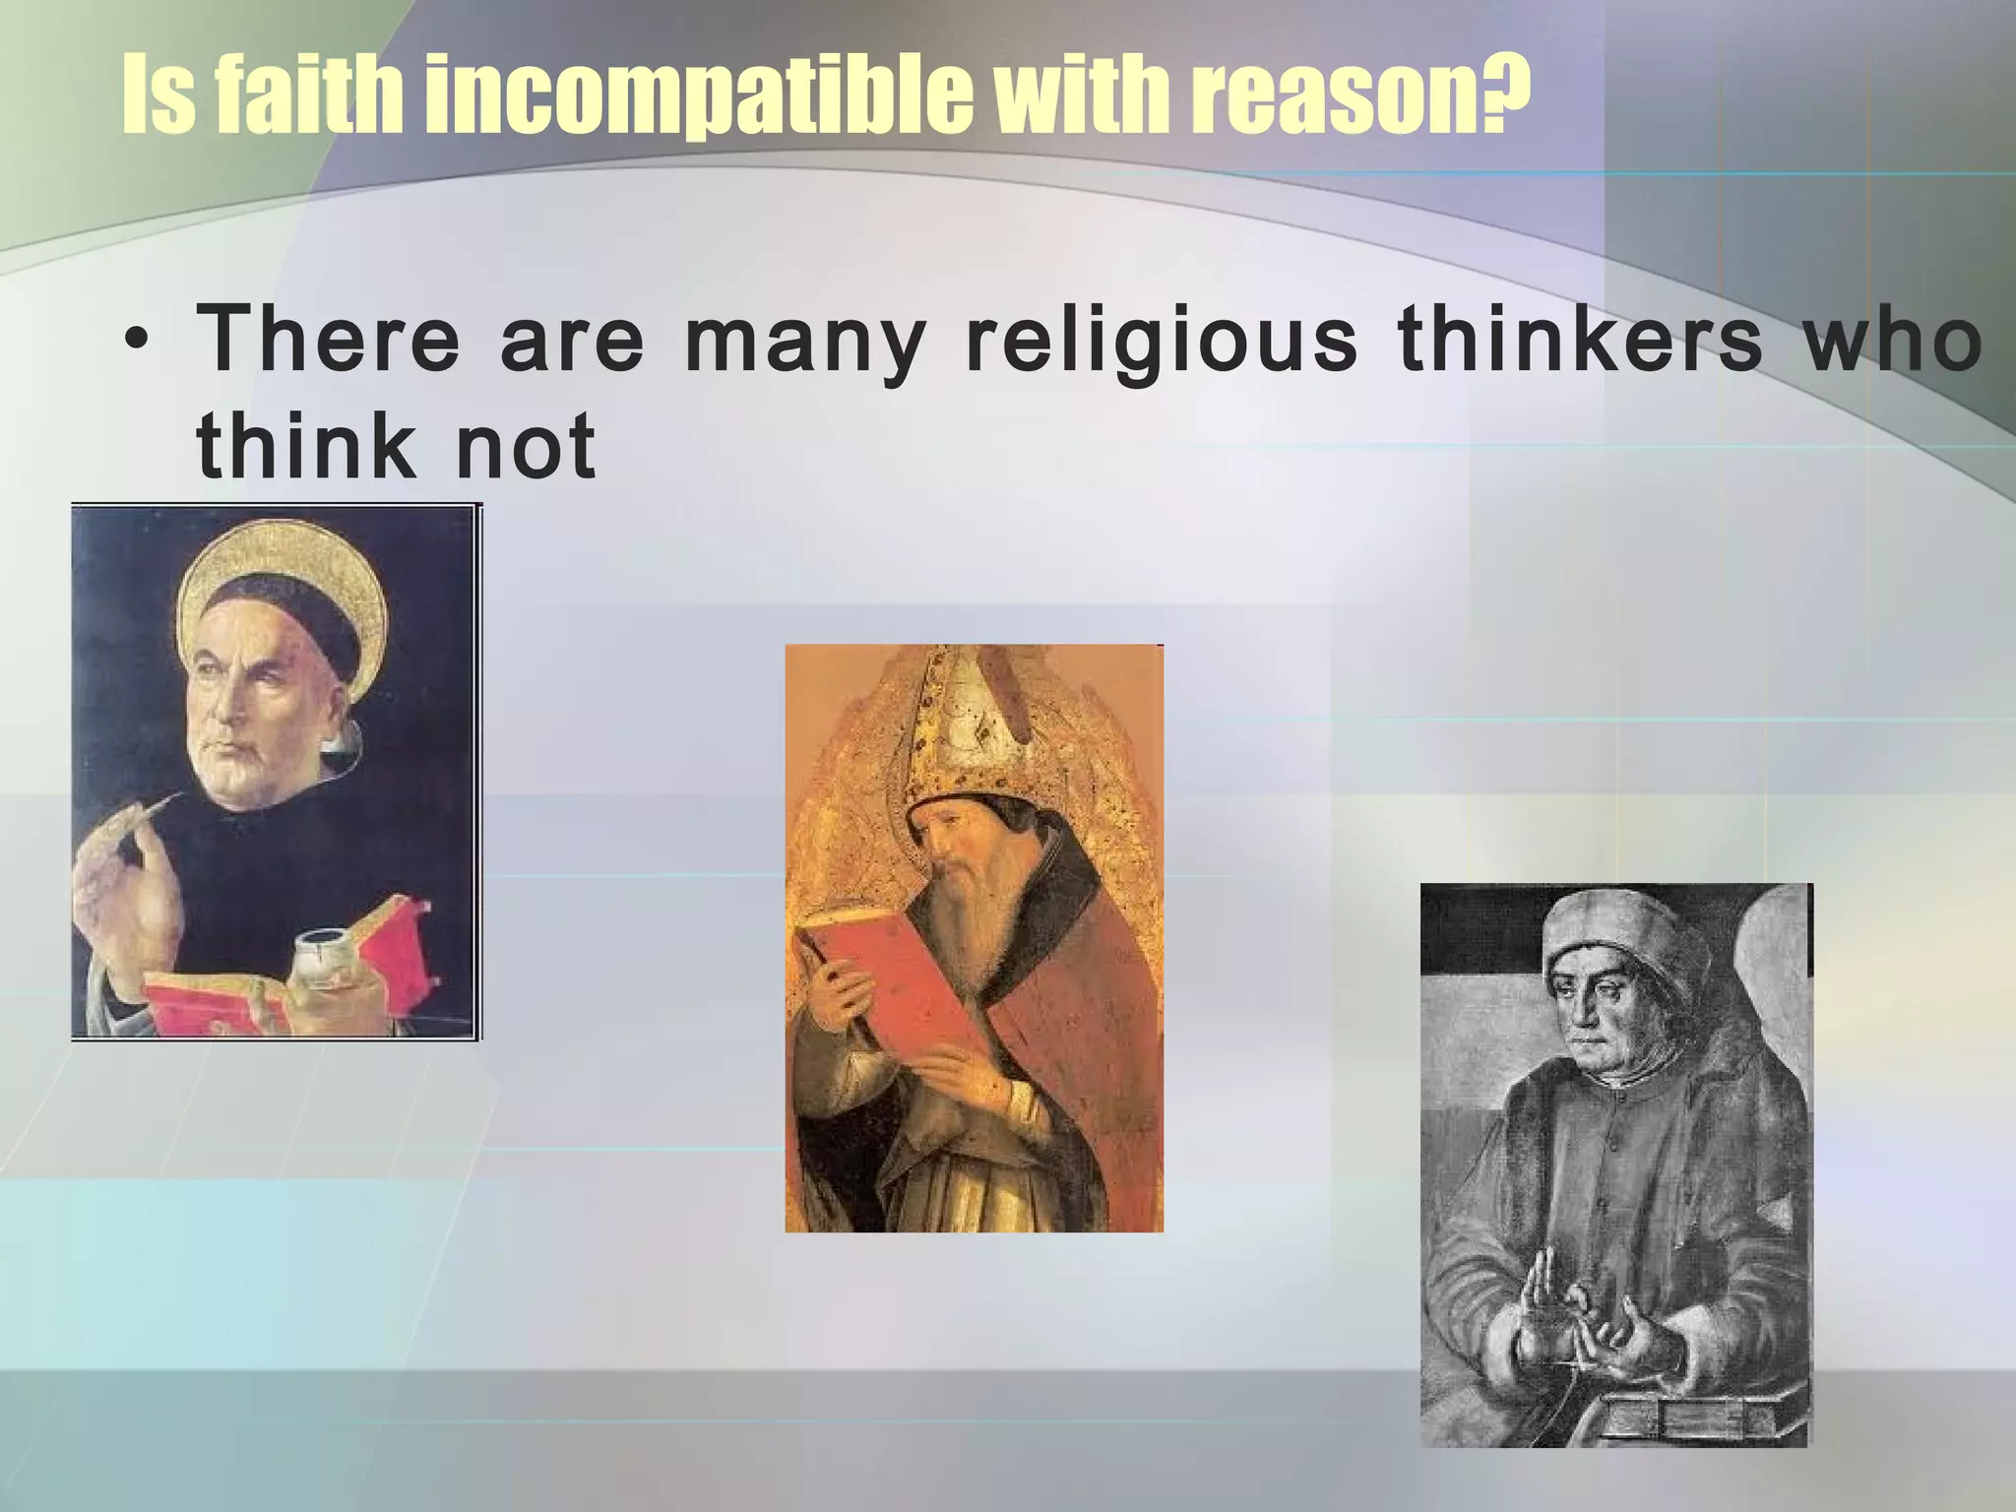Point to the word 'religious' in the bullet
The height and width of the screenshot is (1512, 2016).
[1162, 341]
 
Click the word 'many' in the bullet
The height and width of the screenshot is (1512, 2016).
[805, 343]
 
